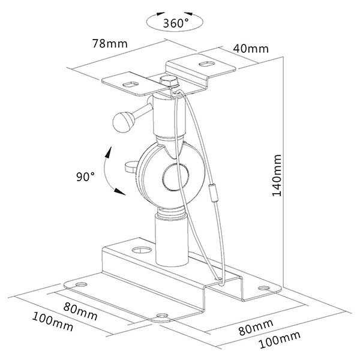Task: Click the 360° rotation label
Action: pos(176,23)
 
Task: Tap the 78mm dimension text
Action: pos(110,43)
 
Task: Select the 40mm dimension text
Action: pos(251,49)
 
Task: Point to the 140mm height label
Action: pos(277,176)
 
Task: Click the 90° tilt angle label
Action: pos(85,177)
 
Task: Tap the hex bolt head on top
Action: pos(169,80)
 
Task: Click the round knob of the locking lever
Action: pos(124,122)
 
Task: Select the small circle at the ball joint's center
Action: pos(176,177)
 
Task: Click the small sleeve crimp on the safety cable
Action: pos(214,193)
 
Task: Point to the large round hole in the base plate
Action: pos(142,250)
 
